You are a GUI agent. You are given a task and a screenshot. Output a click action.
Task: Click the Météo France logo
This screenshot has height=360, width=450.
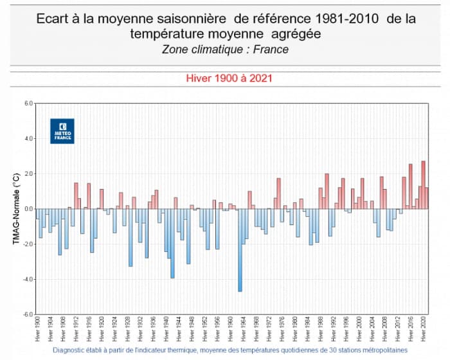pos(62,130)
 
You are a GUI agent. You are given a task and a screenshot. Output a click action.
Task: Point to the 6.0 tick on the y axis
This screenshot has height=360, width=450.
pos(28,103)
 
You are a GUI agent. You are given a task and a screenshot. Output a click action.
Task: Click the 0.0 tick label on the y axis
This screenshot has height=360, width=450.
pos(28,209)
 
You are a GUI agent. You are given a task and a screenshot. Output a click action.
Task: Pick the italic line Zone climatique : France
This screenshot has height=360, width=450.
pos(225,49)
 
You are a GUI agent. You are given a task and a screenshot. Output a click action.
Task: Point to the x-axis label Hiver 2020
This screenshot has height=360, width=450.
pos(423,330)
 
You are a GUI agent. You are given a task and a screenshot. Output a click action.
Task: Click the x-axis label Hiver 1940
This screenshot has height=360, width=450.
pos(166,330)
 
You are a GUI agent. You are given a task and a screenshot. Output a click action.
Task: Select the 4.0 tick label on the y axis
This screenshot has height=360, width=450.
pos(28,138)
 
